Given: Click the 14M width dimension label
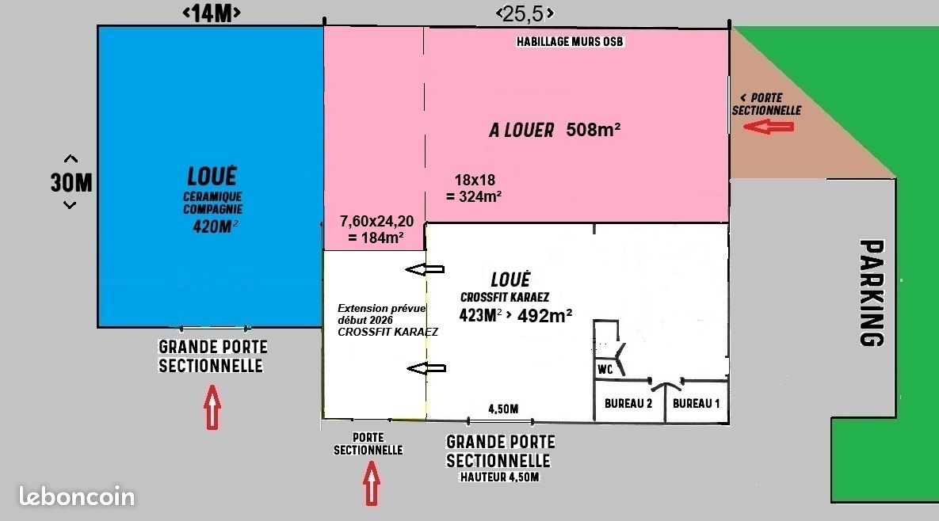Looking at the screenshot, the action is pos(212,13).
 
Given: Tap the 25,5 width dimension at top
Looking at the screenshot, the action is pos(525,13).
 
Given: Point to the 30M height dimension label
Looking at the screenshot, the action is pos(71,182).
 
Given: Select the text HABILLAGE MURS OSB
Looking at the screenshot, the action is pos(570,42).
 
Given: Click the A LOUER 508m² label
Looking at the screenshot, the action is pos(555,130).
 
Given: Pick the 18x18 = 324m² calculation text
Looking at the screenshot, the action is pos(475,188).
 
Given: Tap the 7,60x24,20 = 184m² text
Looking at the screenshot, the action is pos(376,229).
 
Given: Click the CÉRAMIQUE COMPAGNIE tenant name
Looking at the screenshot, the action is pos(212,203).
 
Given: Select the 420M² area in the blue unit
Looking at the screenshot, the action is pos(215,226).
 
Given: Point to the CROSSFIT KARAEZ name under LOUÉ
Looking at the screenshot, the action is pos(504,297).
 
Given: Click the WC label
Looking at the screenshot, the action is pos(605,370).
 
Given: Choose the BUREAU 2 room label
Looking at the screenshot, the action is pos(628,404).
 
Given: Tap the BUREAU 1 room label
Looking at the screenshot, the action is pos(696,404).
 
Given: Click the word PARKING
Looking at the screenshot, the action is pos(872,292).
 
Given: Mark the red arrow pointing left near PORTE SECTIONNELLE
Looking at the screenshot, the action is pos(769,126).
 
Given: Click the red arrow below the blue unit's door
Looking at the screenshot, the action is pos(212,407).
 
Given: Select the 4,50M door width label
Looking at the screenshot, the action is pos(503,409).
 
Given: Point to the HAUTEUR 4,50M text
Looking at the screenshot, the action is pos(499,477).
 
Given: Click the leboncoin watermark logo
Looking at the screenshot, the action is pos(77,496).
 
